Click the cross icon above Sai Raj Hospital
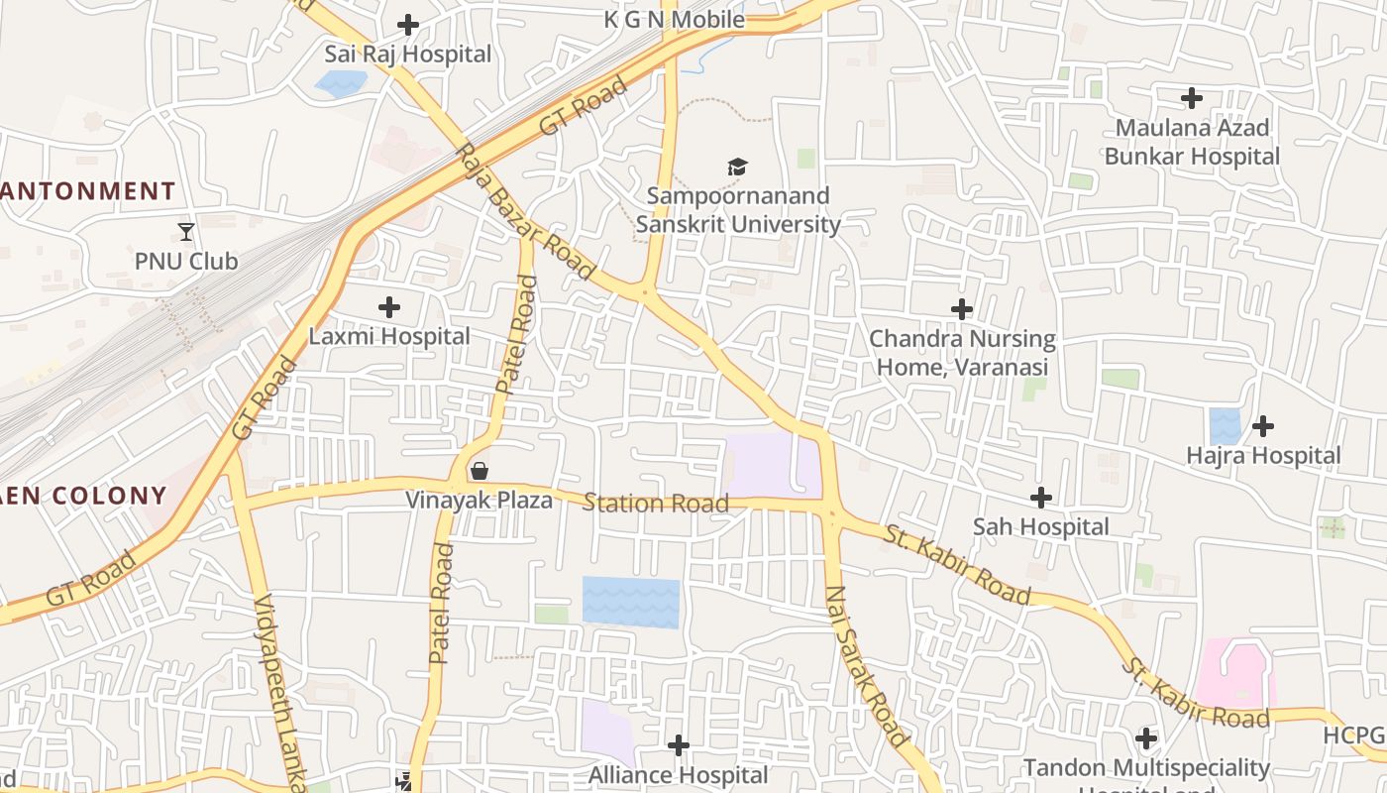point(407,25)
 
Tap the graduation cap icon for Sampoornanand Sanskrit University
point(737,167)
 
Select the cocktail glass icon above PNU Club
point(186,232)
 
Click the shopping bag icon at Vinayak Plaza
point(480,471)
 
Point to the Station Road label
point(656,504)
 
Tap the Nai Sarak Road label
point(867,666)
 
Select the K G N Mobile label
point(674,19)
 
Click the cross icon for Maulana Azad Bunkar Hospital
point(1192,98)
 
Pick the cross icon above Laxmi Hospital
point(389,307)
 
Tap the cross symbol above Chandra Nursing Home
point(961,309)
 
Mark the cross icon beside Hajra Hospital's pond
point(1263,426)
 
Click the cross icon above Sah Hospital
point(1041,497)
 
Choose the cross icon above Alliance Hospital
point(679,744)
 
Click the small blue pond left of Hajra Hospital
point(1226,426)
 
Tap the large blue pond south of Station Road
point(631,602)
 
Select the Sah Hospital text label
point(1040,526)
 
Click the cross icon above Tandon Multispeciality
point(1146,738)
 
